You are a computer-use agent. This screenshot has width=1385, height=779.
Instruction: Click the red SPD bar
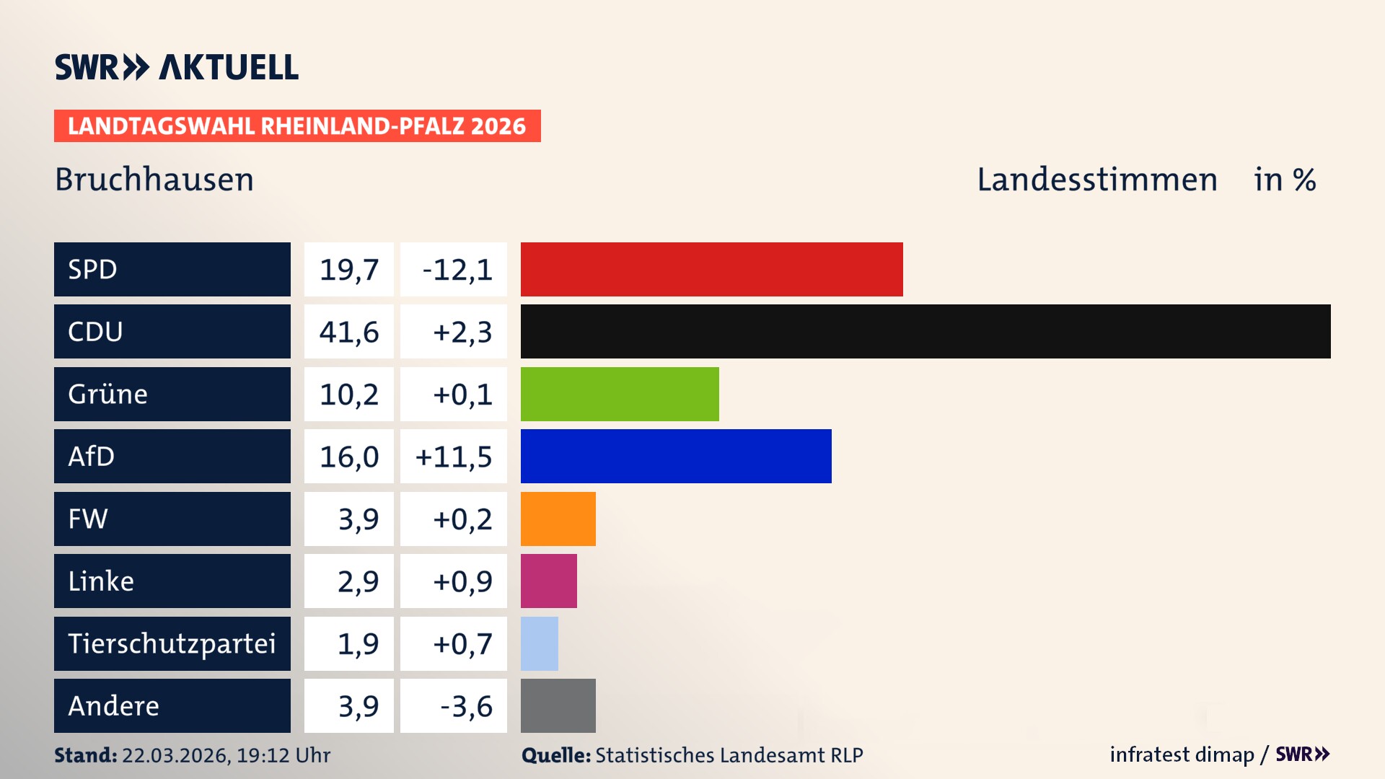tap(711, 269)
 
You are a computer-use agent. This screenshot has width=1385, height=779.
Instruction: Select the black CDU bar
tap(925, 332)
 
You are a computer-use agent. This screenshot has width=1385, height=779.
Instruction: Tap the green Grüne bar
tap(620, 394)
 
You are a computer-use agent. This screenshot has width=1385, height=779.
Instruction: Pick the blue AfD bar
tap(676, 456)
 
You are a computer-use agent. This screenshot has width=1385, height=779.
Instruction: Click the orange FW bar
tap(558, 519)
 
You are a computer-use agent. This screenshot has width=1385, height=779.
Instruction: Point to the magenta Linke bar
tap(548, 581)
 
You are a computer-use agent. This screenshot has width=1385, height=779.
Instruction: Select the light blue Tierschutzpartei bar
tap(539, 643)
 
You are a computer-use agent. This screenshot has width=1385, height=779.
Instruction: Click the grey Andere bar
tap(558, 705)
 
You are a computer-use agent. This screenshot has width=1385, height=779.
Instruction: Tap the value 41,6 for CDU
tap(349, 332)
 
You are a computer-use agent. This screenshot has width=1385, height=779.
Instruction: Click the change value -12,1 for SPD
tap(457, 270)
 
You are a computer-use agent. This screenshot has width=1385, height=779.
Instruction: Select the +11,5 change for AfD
tap(454, 457)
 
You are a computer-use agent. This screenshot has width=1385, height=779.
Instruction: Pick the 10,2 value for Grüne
tap(349, 395)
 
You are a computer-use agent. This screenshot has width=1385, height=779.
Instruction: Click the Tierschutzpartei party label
tap(172, 643)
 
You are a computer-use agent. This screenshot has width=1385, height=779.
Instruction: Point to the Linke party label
tap(101, 581)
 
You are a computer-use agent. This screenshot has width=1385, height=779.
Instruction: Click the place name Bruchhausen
tap(154, 180)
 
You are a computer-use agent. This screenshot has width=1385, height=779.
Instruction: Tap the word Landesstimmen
tap(1096, 180)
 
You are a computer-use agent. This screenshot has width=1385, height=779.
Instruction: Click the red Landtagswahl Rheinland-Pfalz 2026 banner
tap(297, 126)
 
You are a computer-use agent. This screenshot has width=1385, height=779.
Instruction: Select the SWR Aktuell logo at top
tap(177, 67)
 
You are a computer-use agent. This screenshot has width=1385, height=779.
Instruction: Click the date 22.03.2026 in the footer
tap(175, 755)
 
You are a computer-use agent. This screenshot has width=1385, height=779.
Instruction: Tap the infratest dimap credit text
tap(1182, 754)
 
